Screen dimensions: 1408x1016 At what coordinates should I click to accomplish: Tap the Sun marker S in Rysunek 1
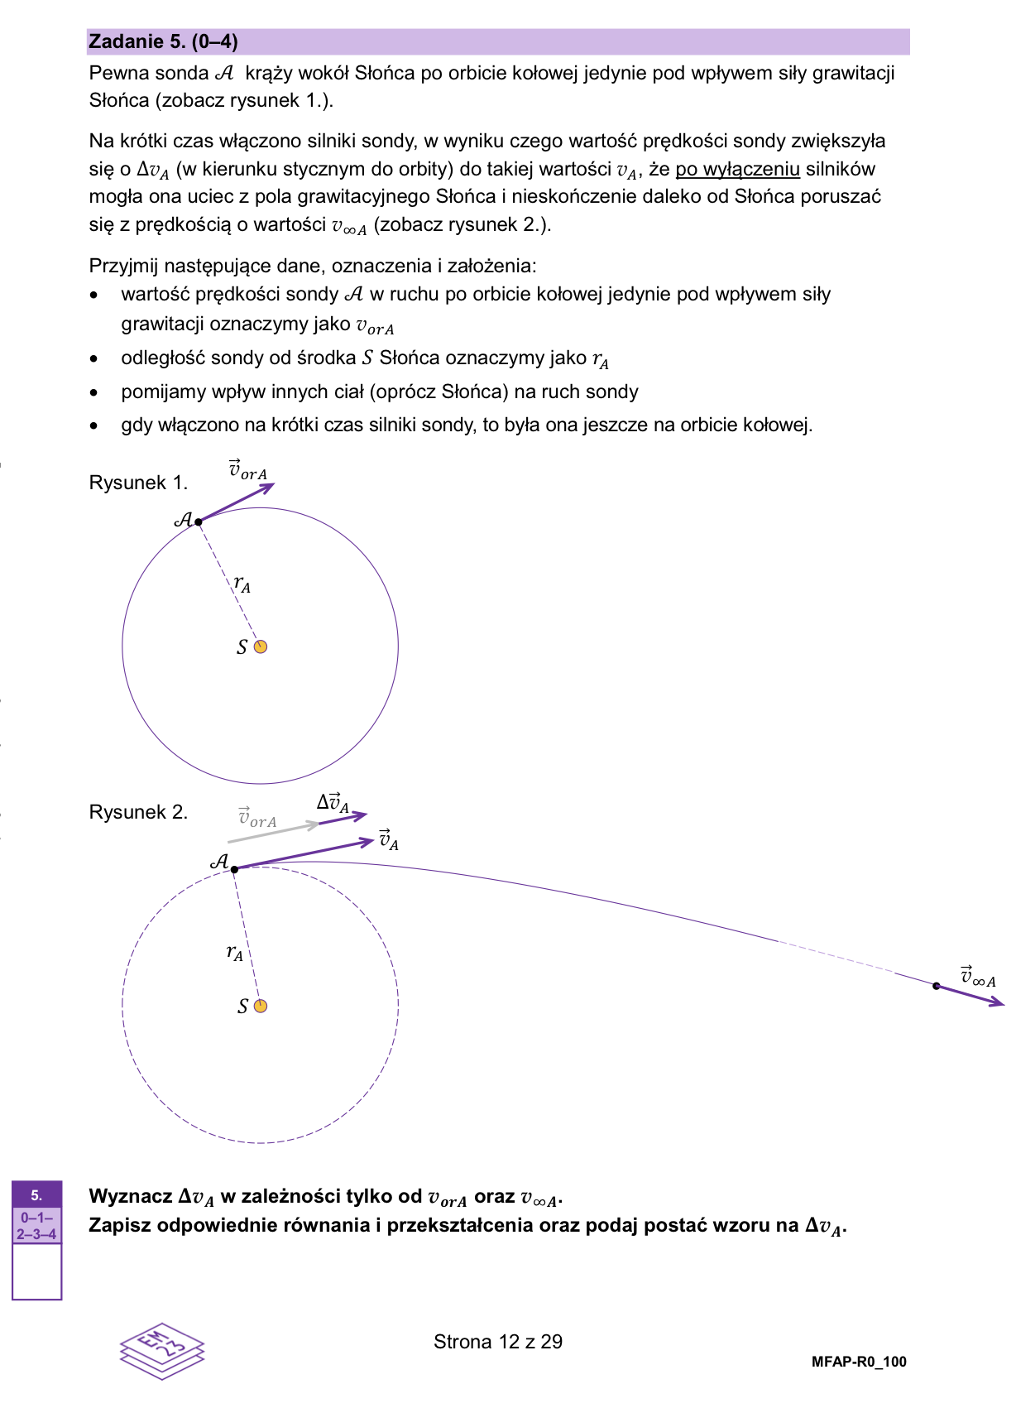tap(261, 646)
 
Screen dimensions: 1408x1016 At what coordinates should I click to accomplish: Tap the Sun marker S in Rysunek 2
tap(261, 1006)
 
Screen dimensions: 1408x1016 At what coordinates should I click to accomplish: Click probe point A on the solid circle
tap(199, 521)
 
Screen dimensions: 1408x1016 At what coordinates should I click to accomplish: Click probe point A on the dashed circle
tap(235, 869)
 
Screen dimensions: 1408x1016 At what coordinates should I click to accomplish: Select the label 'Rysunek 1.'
tap(138, 483)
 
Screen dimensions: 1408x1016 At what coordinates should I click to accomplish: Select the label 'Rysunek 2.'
tap(138, 812)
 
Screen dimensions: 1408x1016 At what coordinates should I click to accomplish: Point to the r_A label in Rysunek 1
tap(242, 584)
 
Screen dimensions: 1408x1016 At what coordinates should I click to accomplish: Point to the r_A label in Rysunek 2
tap(235, 953)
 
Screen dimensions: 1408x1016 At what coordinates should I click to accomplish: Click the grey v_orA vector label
tap(257, 818)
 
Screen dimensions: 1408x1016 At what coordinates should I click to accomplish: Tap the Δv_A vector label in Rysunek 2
tap(333, 802)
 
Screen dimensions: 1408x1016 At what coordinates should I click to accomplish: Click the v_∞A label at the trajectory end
tap(977, 977)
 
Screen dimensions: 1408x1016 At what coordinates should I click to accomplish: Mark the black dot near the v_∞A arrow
tap(936, 986)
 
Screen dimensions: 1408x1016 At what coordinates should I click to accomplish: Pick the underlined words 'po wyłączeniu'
tap(737, 170)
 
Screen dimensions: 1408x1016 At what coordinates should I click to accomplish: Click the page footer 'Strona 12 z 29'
tap(497, 1342)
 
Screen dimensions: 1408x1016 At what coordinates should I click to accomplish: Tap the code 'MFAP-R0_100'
tap(859, 1362)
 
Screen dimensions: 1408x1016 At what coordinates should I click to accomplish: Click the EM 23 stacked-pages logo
tap(162, 1350)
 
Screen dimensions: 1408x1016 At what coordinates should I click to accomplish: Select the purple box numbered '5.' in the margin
tap(36, 1194)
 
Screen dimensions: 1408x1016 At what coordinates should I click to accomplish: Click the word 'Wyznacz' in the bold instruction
tap(131, 1197)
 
